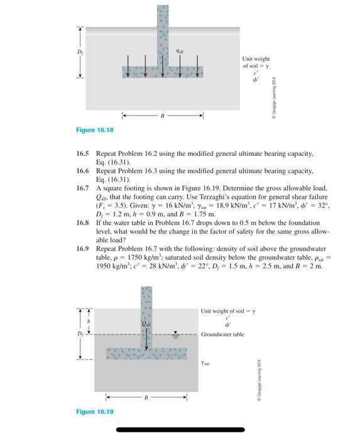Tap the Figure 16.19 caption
click(x=95, y=412)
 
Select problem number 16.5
click(x=83, y=153)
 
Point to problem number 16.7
click(x=83, y=187)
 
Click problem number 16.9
click(x=83, y=248)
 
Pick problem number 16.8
click(x=83, y=223)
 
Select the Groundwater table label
click(x=222, y=334)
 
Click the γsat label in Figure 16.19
click(x=205, y=363)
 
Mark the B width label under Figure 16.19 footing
click(x=146, y=397)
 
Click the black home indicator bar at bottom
click(x=180, y=430)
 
